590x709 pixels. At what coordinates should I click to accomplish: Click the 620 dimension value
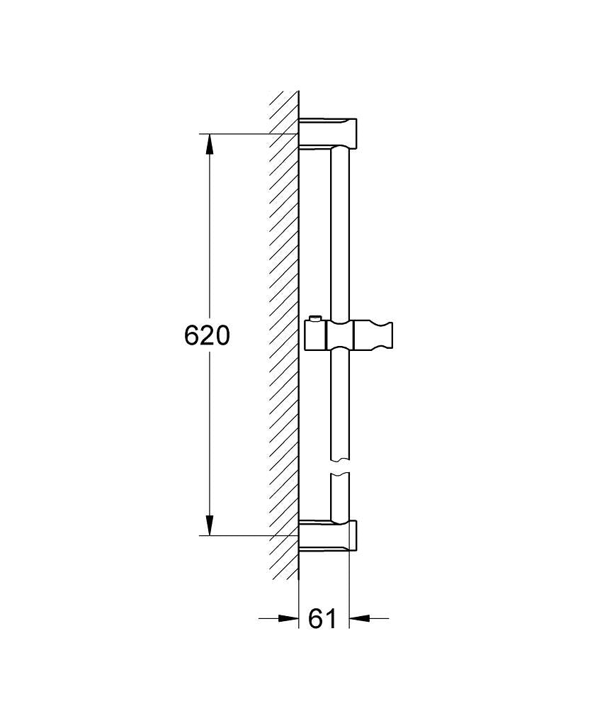pos(207,335)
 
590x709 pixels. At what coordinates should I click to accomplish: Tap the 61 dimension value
pos(323,618)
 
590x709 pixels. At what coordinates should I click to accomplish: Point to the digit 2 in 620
pos(207,335)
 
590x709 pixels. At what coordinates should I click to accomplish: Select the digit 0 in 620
pos(222,335)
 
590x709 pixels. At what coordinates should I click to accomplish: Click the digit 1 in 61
pos(331,618)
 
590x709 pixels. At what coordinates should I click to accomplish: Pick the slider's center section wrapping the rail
pos(341,335)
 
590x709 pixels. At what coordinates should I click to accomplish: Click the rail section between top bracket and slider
pos(341,234)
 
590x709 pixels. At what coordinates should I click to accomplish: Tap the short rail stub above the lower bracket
pos(341,496)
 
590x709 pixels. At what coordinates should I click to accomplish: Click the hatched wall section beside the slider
pos(285,335)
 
